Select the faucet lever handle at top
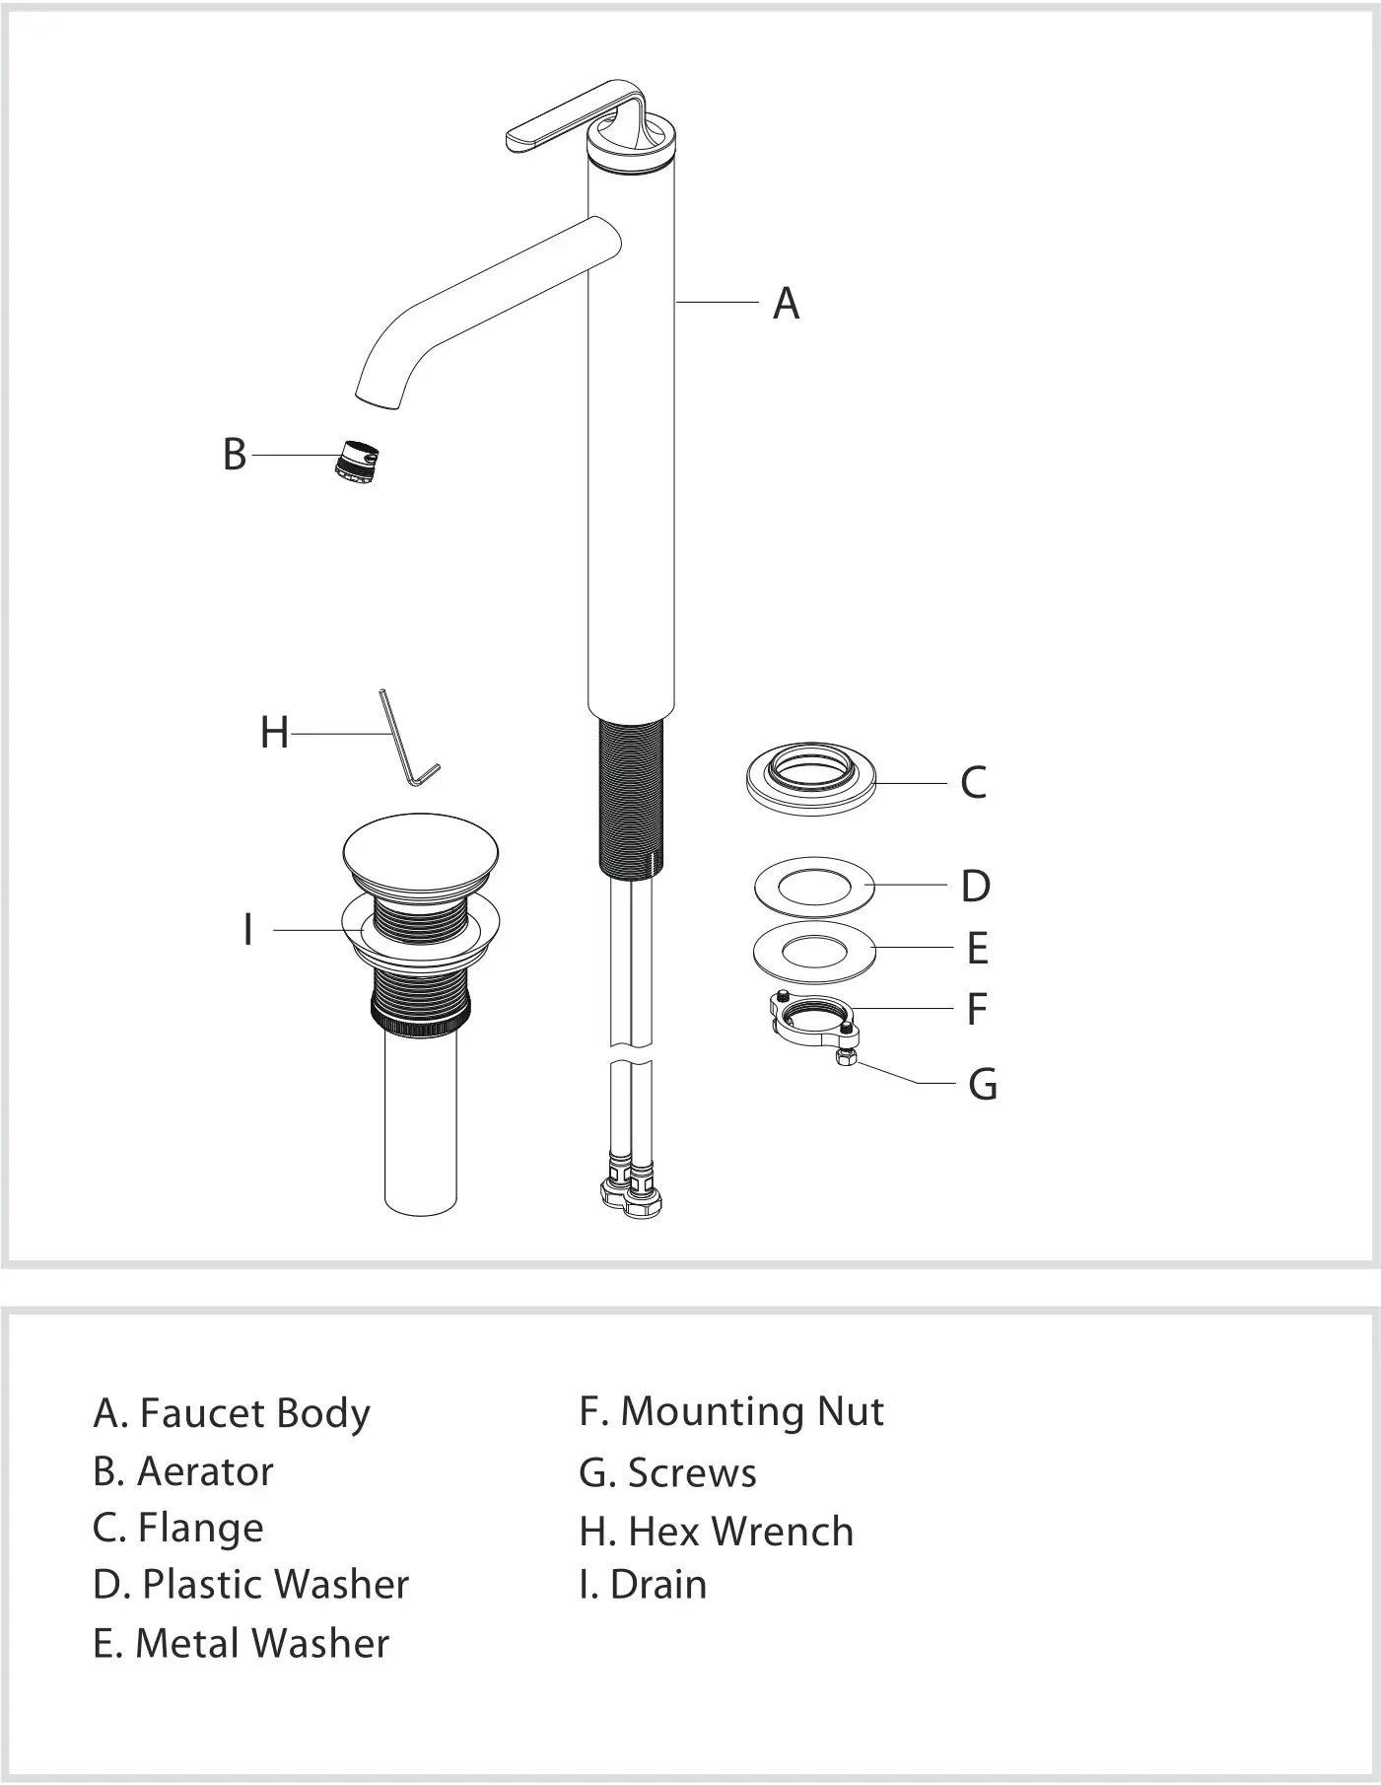pyautogui.click(x=552, y=126)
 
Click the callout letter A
pyautogui.click(x=786, y=304)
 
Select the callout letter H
pyautogui.click(x=274, y=734)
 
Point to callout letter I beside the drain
pyautogui.click(x=248, y=930)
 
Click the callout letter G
pyautogui.click(x=982, y=1084)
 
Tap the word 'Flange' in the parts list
pyautogui.click(x=201, y=1528)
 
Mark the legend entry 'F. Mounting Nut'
pyautogui.click(x=730, y=1411)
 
